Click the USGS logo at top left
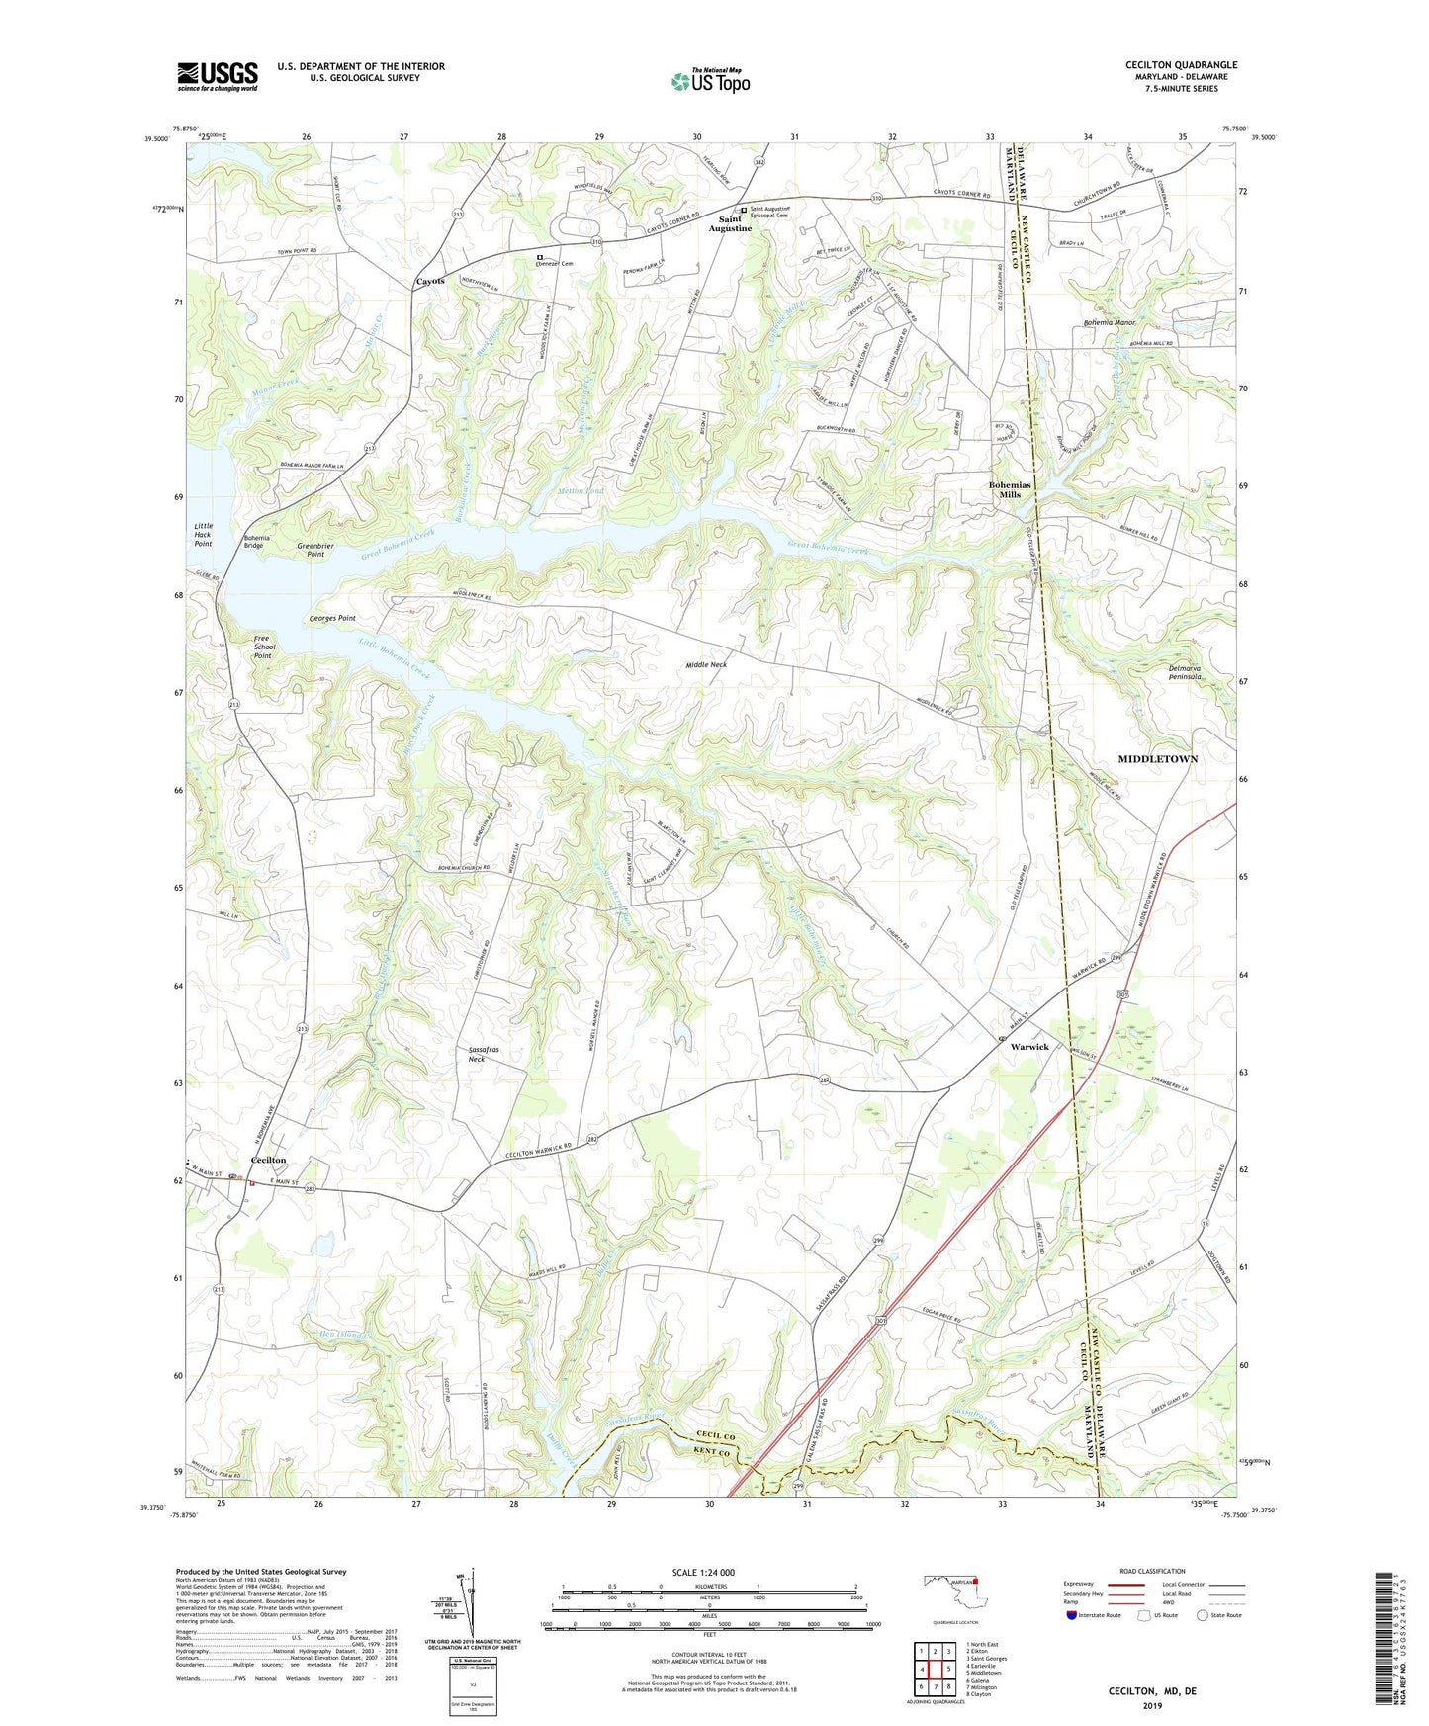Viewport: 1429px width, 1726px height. (218, 76)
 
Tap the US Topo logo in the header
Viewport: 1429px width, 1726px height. (709, 80)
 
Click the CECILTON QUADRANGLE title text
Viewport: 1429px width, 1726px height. (1181, 65)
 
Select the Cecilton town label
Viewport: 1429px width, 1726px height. (268, 1160)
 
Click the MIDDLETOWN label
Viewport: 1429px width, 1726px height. (1157, 759)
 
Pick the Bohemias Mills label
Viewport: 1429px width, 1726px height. (1010, 489)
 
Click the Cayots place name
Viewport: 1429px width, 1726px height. (430, 281)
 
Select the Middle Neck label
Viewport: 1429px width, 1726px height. (706, 665)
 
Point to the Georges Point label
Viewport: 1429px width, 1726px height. (331, 618)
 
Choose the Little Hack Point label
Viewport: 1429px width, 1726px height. (203, 535)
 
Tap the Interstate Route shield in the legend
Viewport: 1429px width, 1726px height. (1072, 1615)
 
